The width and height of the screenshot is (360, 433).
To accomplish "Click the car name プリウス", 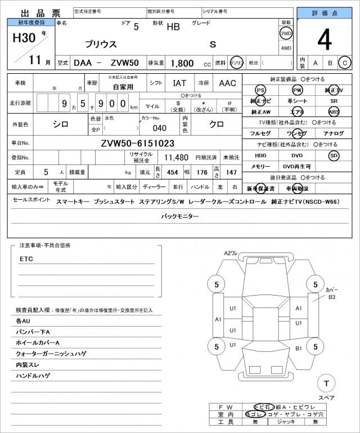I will coord(101,44).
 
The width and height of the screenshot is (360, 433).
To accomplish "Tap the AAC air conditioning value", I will coord(227,83).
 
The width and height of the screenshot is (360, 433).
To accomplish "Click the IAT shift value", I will coord(180,83).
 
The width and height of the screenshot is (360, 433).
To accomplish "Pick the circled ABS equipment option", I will coord(334,111).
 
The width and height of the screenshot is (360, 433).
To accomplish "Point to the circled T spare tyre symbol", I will coord(325,383).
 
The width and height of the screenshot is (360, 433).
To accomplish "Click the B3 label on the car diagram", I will coord(332,297).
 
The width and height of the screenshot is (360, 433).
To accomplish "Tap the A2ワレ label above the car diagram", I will coord(232,254).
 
